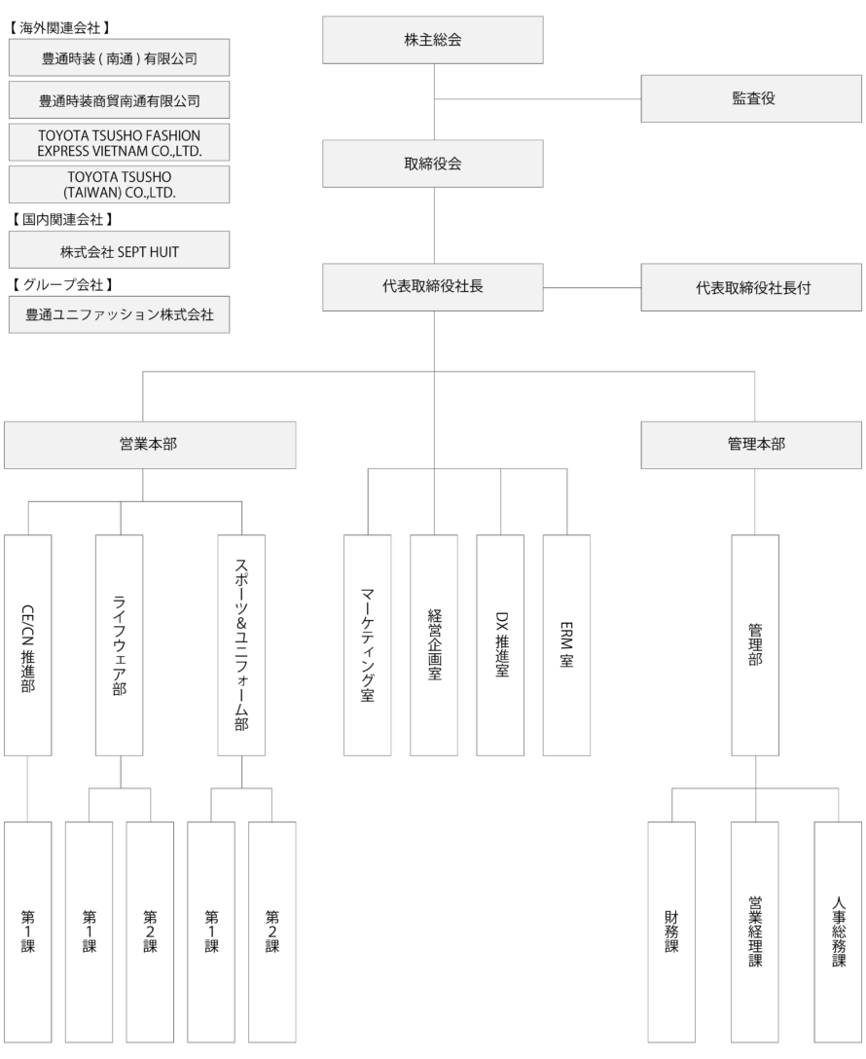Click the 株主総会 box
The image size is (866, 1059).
click(x=433, y=40)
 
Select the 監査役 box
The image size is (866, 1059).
click(x=751, y=98)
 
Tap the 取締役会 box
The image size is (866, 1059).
click(x=433, y=164)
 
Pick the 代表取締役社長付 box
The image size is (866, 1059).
click(x=751, y=288)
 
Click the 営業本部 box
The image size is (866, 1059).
click(x=150, y=445)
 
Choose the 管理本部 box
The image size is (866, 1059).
click(x=751, y=445)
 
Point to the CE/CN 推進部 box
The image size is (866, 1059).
click(x=27, y=645)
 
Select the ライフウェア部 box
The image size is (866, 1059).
click(x=120, y=645)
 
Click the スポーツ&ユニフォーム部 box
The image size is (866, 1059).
click(x=241, y=645)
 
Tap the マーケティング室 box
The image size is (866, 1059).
click(x=367, y=645)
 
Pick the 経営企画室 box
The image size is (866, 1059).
click(x=434, y=645)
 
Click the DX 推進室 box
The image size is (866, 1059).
click(x=500, y=645)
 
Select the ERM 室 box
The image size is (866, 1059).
click(x=566, y=645)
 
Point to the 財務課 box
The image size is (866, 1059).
click(x=671, y=932)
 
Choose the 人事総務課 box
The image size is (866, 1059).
click(x=839, y=932)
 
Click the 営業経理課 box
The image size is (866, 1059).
click(x=755, y=932)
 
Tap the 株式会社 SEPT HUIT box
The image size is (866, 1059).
click(x=119, y=250)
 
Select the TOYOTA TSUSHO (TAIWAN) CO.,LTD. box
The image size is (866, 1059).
click(x=119, y=184)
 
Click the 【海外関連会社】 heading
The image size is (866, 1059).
click(x=59, y=27)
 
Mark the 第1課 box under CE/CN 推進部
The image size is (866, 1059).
click(x=27, y=932)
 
